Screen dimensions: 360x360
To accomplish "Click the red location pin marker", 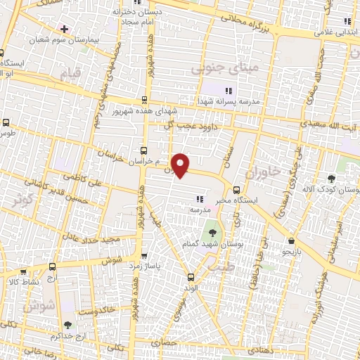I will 181,165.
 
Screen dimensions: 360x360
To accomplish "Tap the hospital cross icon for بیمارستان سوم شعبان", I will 65,29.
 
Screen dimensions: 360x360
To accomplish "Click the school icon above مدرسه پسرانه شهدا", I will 227,89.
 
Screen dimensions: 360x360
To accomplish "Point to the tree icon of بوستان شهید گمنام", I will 210,233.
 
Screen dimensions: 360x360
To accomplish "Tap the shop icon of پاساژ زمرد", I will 144,255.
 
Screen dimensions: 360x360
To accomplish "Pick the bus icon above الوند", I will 191,276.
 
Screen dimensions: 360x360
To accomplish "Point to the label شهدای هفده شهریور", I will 145,111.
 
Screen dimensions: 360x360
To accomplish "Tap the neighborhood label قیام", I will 70,75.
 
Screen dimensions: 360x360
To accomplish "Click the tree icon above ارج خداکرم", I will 67,325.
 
